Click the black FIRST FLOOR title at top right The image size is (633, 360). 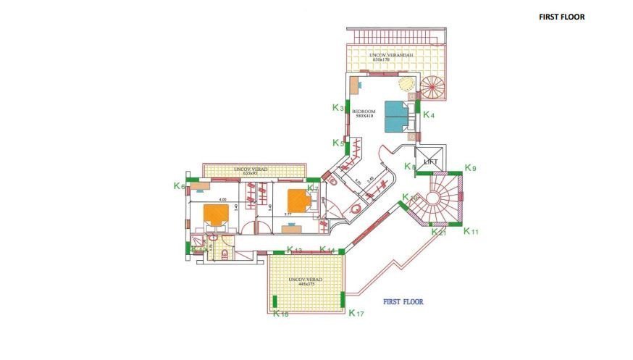(561, 17)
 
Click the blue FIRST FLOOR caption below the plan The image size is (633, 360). (403, 301)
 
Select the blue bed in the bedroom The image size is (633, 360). (397, 116)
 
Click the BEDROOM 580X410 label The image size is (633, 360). (364, 114)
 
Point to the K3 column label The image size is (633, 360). (338, 108)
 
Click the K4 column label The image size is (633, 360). (429, 115)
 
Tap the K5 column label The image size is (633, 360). (338, 143)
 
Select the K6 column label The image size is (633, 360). (180, 186)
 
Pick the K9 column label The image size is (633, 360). (470, 169)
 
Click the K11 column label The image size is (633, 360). (471, 232)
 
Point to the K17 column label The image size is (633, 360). (356, 314)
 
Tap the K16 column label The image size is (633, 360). (282, 314)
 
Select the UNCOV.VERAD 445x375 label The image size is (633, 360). (305, 282)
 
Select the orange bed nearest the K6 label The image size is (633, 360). (217, 214)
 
